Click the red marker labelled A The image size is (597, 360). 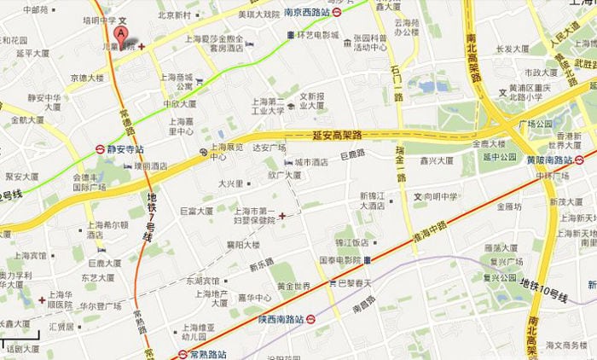pyautogui.click(x=122, y=34)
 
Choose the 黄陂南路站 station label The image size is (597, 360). pyautogui.click(x=554, y=160)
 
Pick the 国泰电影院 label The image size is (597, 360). pyautogui.click(x=341, y=259)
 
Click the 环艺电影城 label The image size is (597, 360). pyautogui.click(x=317, y=35)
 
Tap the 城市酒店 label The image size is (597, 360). pyautogui.click(x=311, y=162)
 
